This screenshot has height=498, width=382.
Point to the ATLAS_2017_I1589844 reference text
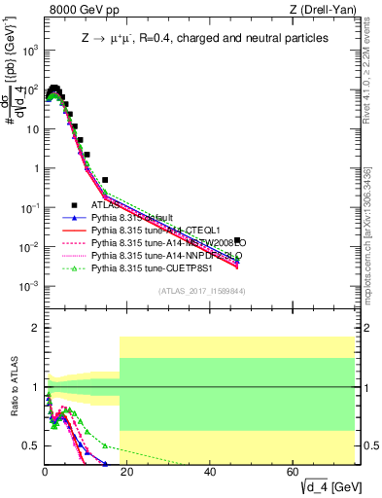coord(200,291)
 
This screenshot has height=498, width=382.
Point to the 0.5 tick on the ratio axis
coord(33,445)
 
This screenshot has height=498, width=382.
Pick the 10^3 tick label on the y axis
coord(30,51)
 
